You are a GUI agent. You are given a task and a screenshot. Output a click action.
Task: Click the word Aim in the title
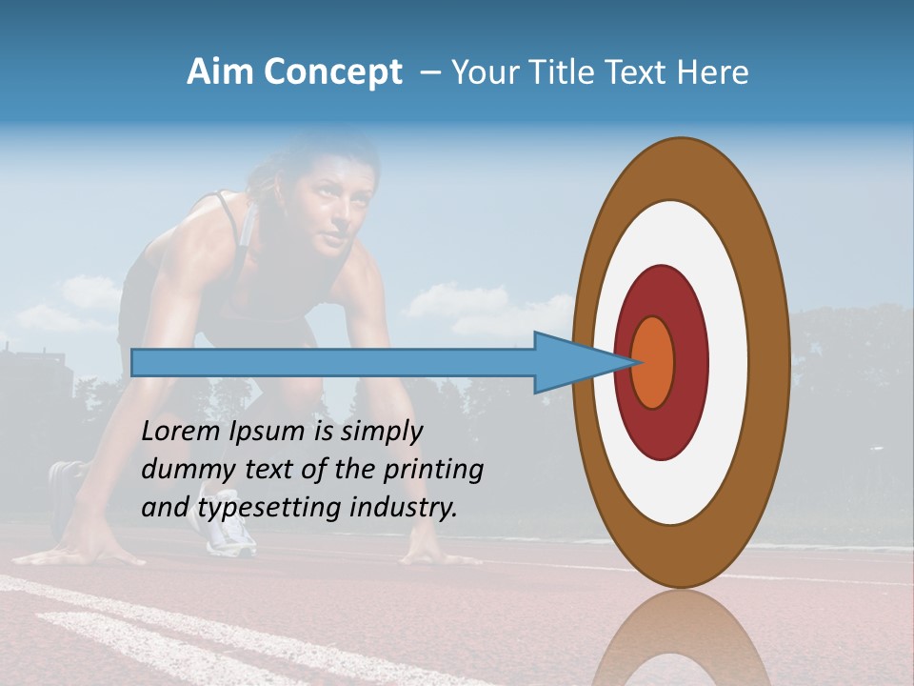[221, 72]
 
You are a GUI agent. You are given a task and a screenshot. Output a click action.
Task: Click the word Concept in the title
[332, 72]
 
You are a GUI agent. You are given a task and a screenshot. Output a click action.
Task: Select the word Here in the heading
[713, 72]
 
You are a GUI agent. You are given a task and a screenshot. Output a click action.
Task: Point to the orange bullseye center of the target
[653, 362]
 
